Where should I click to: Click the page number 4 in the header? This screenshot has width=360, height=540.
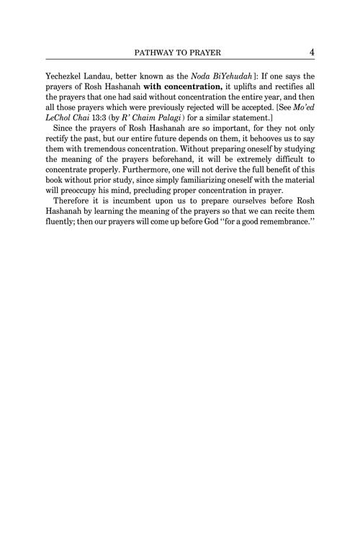coord(309,52)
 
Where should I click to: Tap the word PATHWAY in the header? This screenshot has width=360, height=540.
coord(150,53)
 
